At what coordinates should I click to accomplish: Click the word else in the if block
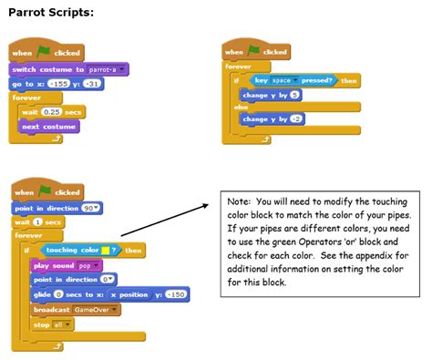pyautogui.click(x=241, y=108)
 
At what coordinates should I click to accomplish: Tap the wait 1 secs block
pyautogui.click(x=37, y=221)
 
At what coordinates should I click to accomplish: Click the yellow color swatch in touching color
pyautogui.click(x=107, y=250)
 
